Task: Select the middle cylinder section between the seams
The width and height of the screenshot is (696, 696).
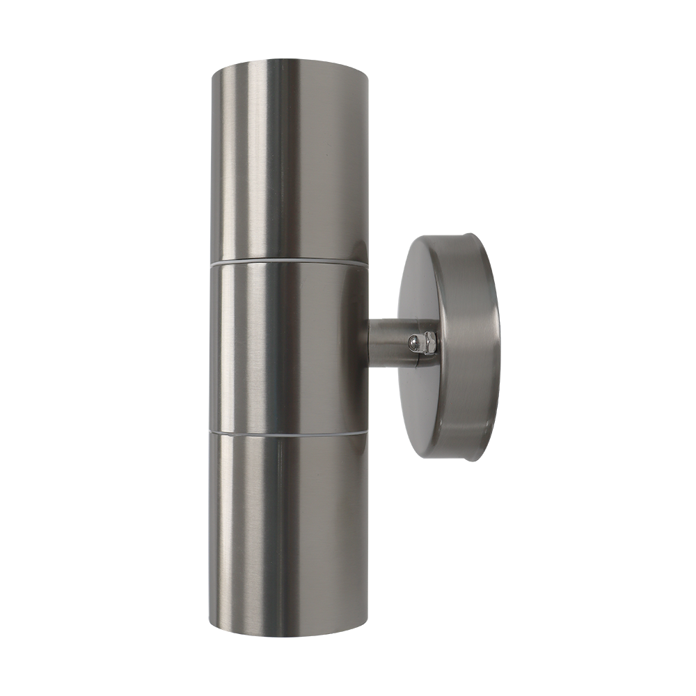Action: tap(289, 348)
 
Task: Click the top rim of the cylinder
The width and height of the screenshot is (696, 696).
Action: tap(289, 61)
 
